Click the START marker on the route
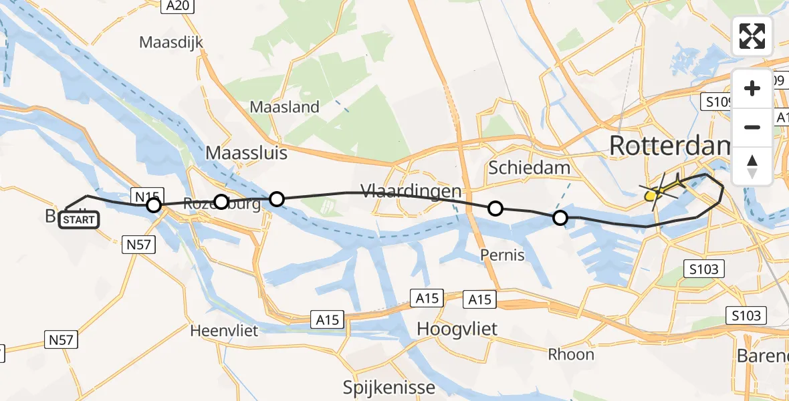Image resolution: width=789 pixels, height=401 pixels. [x=79, y=219]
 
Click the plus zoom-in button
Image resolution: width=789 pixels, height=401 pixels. [x=752, y=88]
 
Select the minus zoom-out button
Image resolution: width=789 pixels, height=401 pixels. [x=752, y=127]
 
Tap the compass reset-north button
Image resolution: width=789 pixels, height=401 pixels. [x=752, y=166]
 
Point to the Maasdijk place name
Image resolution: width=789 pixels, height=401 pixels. [x=171, y=42]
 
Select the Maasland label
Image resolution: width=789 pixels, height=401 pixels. [x=284, y=107]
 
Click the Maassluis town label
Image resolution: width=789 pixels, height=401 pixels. [x=246, y=153]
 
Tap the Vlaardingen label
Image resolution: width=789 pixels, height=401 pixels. [x=411, y=191]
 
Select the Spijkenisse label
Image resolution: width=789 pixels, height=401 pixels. [x=388, y=387]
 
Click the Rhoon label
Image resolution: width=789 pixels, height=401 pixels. [x=571, y=354]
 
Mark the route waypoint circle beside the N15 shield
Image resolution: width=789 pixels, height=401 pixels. [x=154, y=205]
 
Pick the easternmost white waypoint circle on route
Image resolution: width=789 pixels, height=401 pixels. [x=560, y=218]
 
